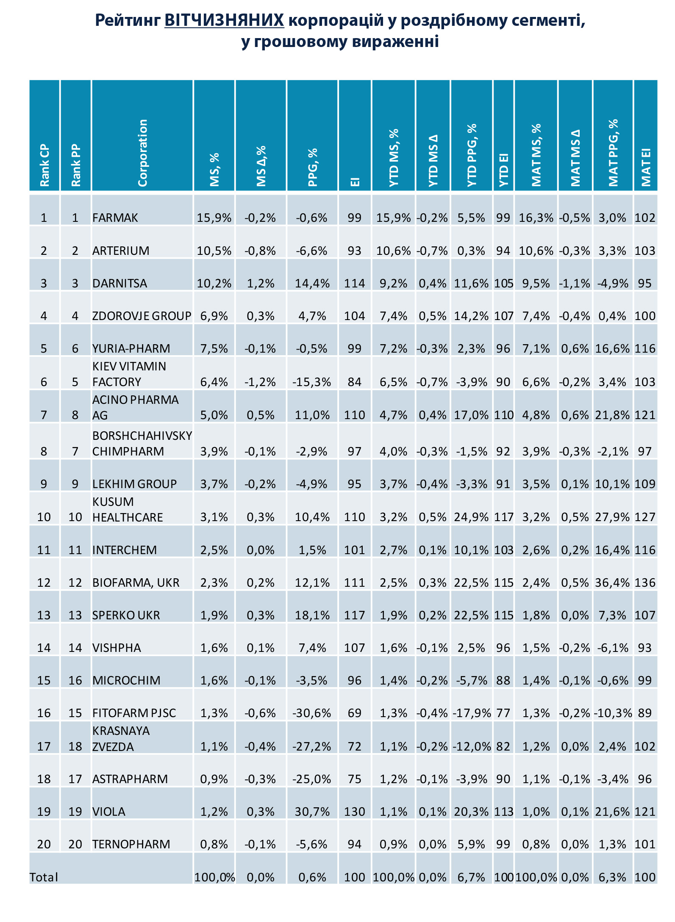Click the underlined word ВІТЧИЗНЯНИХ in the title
pos(224,20)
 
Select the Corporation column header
pos(143,153)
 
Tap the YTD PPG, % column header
pos(472,155)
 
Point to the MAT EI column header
pos(645,167)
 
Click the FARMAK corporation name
pos(115,218)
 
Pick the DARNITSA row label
pos(120,283)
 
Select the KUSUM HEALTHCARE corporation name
pos(128,509)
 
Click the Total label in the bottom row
pos(44,877)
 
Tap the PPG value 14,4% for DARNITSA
pos(312,283)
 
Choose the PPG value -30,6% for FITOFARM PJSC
pos(312,713)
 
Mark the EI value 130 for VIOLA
pos(355,812)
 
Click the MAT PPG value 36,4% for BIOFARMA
pos(612,582)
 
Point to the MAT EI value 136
pos(645,582)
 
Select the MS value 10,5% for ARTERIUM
pos(214,251)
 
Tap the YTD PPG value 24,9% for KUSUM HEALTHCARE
pos(471,517)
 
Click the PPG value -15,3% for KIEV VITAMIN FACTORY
pos(312,382)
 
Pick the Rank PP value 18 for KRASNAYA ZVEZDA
pos(75,746)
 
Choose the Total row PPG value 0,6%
pos(312,877)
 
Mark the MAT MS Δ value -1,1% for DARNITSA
pos(575,283)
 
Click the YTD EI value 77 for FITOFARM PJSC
pos(503,713)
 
